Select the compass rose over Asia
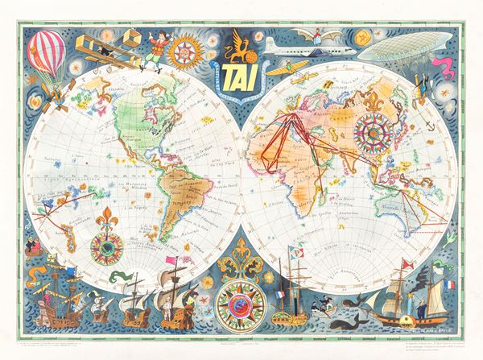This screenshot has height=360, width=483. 371,128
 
